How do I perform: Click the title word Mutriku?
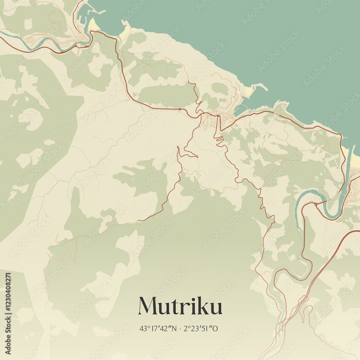180,306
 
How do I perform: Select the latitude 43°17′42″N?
158,328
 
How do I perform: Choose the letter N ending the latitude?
174,328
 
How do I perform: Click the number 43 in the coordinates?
143,328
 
